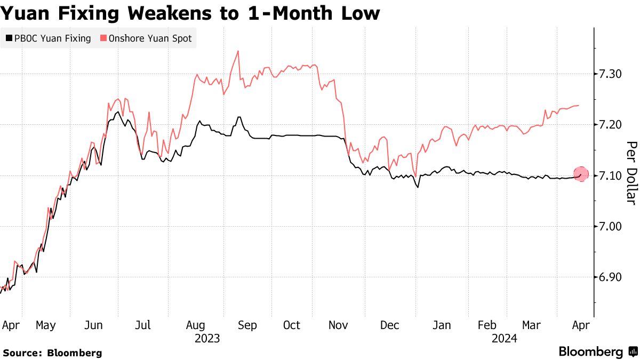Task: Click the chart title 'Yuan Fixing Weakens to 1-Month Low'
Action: pyautogui.click(x=190, y=13)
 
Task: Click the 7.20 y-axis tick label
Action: pyautogui.click(x=610, y=124)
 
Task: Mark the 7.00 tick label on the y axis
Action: pyautogui.click(x=610, y=226)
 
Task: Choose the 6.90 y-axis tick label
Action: pyautogui.click(x=610, y=277)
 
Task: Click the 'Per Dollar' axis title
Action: pyautogui.click(x=631, y=173)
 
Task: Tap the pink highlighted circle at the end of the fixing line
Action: pyautogui.click(x=581, y=174)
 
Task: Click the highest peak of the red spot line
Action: pyautogui.click(x=237, y=51)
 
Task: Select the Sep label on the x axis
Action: pyautogui.click(x=247, y=325)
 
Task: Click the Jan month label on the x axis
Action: pyautogui.click(x=442, y=325)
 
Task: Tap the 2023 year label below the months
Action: pyautogui.click(x=207, y=338)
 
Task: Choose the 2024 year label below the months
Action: pyautogui.click(x=504, y=338)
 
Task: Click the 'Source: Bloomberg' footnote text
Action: pyautogui.click(x=52, y=353)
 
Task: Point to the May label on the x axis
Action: pyautogui.click(x=46, y=325)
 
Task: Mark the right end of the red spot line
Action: pyautogui.click(x=579, y=106)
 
